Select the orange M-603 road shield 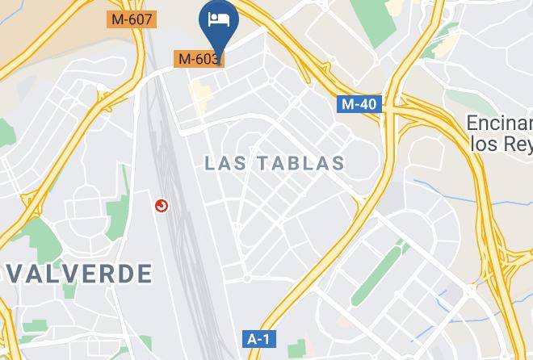pyautogui.click(x=199, y=59)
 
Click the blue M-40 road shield pyautogui.click(x=359, y=104)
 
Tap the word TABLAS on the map pyautogui.click(x=301, y=164)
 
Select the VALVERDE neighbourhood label pyautogui.click(x=77, y=273)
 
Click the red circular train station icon pyautogui.click(x=162, y=207)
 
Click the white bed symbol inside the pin pyautogui.click(x=219, y=18)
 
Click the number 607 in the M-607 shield pyautogui.click(x=139, y=18)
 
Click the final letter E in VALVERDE pyautogui.click(x=145, y=273)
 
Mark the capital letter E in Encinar pyautogui.click(x=473, y=123)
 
